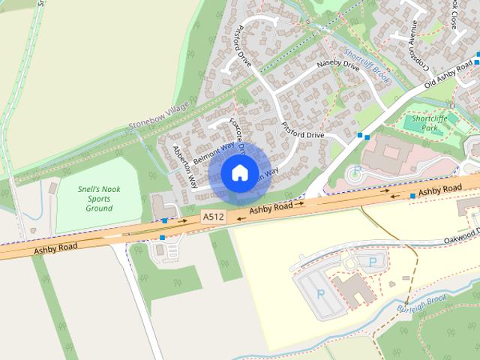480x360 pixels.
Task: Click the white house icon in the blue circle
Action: pyautogui.click(x=238, y=173)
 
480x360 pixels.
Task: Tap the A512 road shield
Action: pyautogui.click(x=213, y=217)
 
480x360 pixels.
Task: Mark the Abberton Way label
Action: pyautogui.click(x=184, y=166)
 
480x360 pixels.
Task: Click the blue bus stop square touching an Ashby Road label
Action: pyautogui.click(x=412, y=196)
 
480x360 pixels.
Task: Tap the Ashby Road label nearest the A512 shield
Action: pyautogui.click(x=271, y=206)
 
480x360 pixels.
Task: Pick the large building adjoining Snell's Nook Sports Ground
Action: pyautogui.click(x=161, y=205)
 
